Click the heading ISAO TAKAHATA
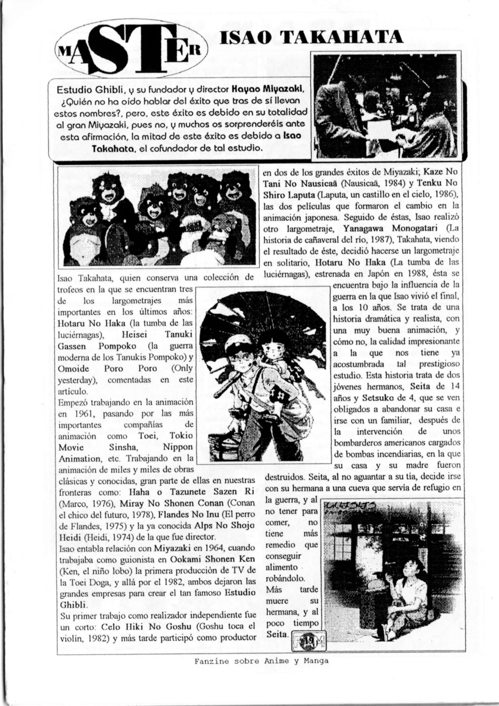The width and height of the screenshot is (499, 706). pos(311,38)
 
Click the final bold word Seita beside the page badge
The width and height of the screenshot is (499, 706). pos(277,634)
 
